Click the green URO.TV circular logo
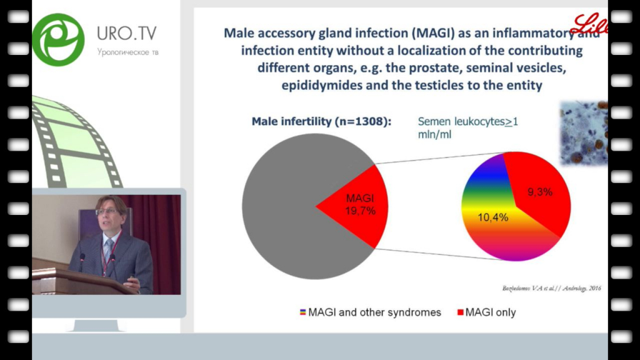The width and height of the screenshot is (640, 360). point(58,39)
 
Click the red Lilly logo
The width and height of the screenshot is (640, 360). point(590,25)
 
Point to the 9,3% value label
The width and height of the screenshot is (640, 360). point(539,192)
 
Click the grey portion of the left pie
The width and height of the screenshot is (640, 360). point(281,206)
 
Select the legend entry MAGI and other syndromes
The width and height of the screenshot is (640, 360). point(374,312)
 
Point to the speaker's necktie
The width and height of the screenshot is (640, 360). point(107,250)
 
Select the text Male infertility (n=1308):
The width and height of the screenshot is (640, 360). point(321,121)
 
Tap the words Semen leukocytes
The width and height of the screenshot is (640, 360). point(461,122)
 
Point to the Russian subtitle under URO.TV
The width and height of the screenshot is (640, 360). point(128,52)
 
